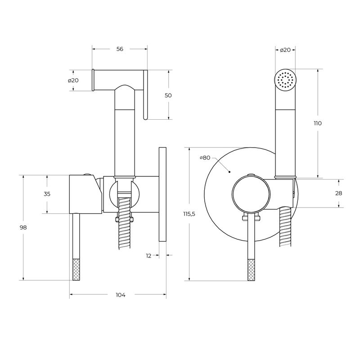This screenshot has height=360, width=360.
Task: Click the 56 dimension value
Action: (120, 49)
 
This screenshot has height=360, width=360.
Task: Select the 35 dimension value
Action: (47, 194)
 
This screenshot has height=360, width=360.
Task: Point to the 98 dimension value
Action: (23, 228)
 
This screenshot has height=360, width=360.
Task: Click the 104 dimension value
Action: (120, 295)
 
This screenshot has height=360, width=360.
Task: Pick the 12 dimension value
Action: (148, 256)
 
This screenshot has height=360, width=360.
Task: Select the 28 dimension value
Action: (339, 193)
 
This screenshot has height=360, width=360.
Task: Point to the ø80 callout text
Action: (205, 157)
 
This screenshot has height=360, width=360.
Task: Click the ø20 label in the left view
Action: (73, 80)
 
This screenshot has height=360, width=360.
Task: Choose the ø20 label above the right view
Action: (285, 50)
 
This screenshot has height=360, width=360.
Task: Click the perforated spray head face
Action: (285, 81)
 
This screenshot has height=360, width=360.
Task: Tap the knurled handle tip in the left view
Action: (76, 270)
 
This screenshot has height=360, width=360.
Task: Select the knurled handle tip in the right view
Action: (251, 270)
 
